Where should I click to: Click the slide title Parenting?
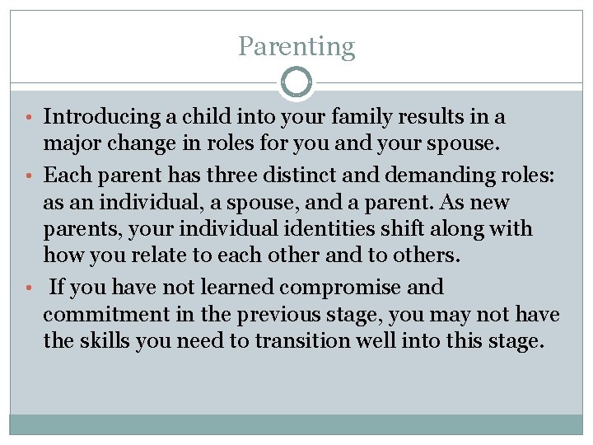click(296, 46)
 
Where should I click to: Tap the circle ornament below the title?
click(296, 82)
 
